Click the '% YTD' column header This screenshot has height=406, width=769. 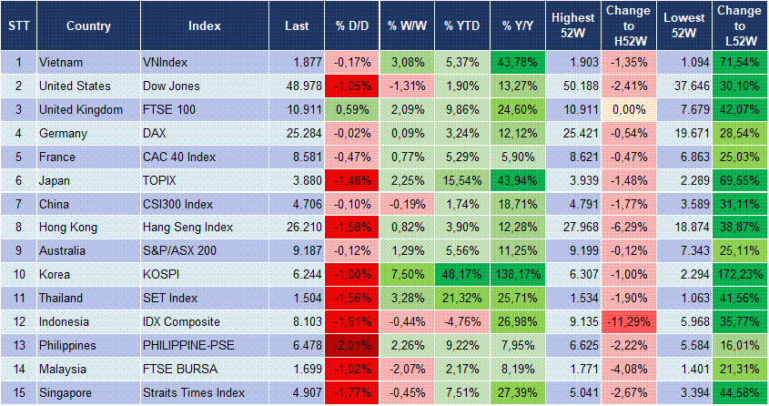[461, 25]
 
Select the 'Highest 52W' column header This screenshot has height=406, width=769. [572, 25]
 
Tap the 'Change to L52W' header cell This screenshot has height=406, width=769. [739, 25]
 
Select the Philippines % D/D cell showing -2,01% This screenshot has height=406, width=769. [351, 346]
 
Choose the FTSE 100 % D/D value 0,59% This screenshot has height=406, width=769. [351, 109]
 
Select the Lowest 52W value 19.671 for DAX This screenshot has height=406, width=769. [683, 133]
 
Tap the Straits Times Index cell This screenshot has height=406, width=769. [192, 393]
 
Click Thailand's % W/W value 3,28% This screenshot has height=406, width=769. [406, 299]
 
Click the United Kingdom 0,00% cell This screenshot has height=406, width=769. [627, 109]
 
